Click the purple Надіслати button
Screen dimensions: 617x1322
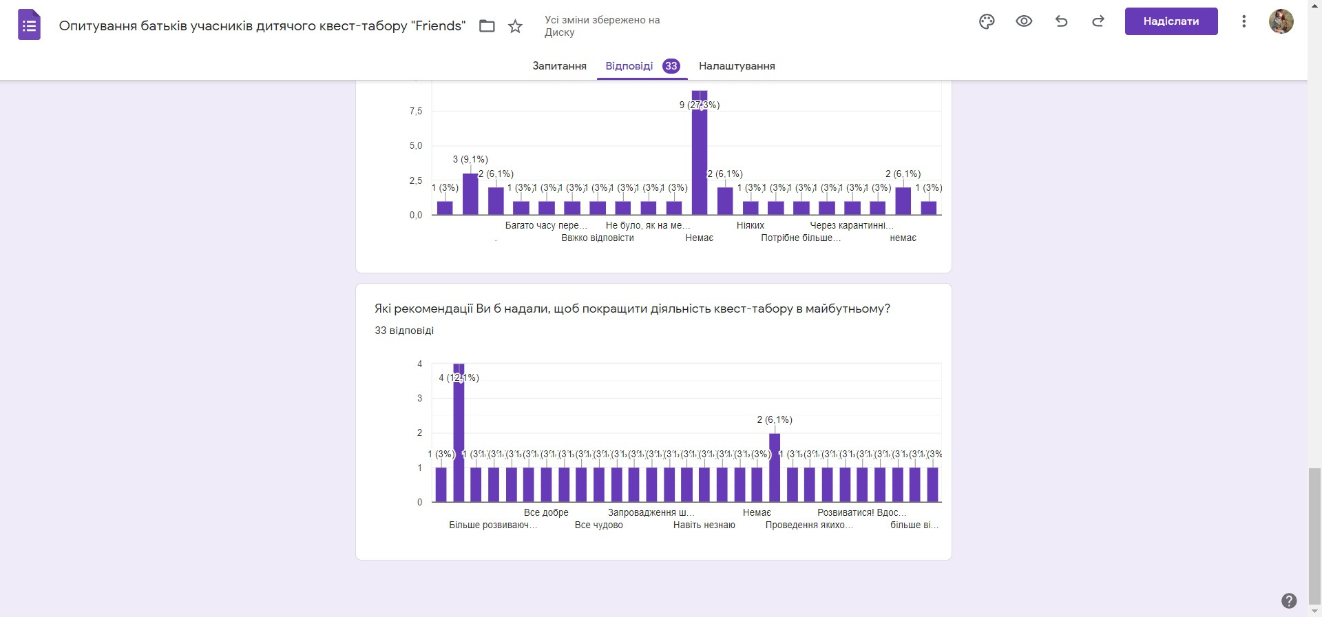click(1171, 21)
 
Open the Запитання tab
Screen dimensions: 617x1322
click(559, 66)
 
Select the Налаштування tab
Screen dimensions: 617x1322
click(737, 66)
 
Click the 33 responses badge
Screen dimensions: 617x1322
click(671, 66)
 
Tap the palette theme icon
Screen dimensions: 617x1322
click(987, 21)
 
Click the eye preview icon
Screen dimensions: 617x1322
click(1024, 21)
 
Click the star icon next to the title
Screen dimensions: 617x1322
click(515, 26)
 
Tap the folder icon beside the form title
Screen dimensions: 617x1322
click(487, 26)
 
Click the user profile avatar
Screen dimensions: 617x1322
click(1281, 21)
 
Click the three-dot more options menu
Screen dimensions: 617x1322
click(1244, 21)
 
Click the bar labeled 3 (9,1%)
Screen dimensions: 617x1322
click(470, 194)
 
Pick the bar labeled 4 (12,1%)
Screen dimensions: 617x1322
click(459, 434)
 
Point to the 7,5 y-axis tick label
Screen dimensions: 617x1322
click(416, 112)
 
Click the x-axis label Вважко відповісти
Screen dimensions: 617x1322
click(597, 238)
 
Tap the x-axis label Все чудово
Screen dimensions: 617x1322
click(598, 525)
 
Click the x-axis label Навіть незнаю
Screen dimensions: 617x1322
click(704, 525)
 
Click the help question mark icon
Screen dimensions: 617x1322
click(1289, 600)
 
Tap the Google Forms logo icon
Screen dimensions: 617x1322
click(29, 26)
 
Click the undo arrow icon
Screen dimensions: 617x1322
click(1061, 21)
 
